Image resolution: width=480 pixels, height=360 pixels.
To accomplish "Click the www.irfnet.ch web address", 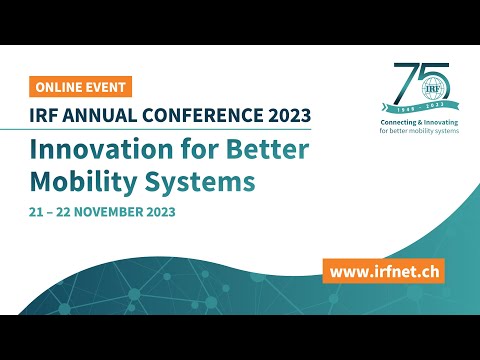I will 383,270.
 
